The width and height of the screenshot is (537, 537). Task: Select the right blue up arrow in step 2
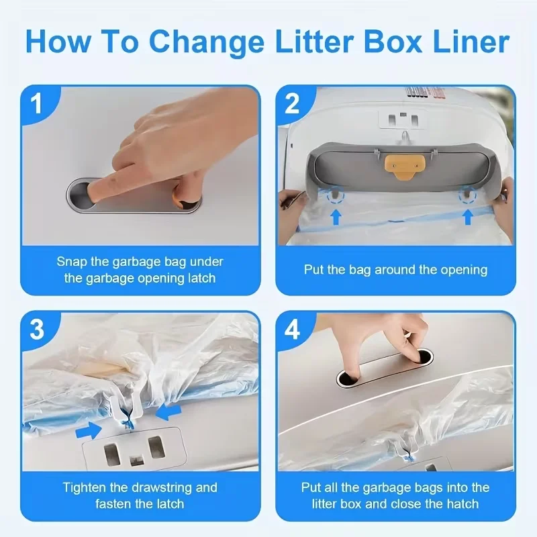coord(467,216)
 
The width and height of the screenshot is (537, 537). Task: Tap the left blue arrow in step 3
coord(89,428)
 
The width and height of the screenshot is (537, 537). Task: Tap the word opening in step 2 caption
coord(464,270)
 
